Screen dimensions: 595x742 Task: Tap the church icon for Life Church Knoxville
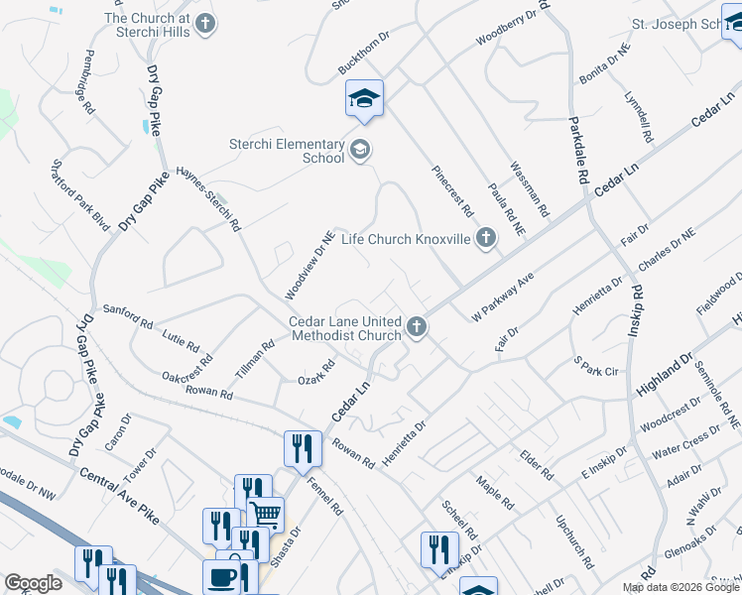pos(485,238)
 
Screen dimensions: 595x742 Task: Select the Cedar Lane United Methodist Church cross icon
pos(417,326)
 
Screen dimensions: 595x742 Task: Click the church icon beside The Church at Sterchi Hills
pos(205,22)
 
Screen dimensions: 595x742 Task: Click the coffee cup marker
pos(221,577)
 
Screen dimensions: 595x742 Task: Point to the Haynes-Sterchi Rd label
pos(208,197)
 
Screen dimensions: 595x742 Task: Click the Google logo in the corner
pos(33,583)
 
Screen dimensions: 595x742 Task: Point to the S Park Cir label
pos(595,363)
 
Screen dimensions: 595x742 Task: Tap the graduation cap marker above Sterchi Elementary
pos(365,99)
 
